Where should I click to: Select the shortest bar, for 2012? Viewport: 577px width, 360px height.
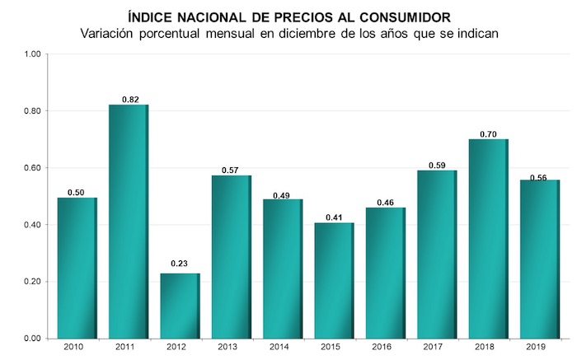click(x=179, y=305)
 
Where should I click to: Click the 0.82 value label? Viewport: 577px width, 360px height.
click(x=129, y=99)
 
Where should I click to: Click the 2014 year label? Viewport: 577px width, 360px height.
click(x=281, y=347)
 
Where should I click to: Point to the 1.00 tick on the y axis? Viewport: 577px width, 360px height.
click(x=32, y=54)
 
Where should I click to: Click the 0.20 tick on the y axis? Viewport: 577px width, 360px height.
click(x=32, y=282)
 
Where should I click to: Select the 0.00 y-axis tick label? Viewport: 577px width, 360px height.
click(x=32, y=339)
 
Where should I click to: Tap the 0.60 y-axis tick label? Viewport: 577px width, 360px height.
click(x=32, y=168)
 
